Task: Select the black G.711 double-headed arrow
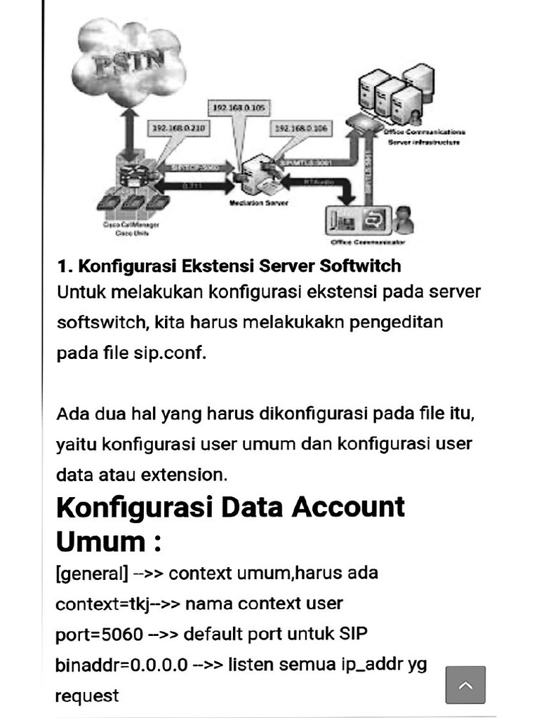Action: click(192, 187)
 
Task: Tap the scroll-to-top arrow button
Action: click(465, 684)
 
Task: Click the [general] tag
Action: click(91, 574)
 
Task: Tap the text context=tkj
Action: click(102, 604)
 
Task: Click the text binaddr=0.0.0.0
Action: click(121, 665)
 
